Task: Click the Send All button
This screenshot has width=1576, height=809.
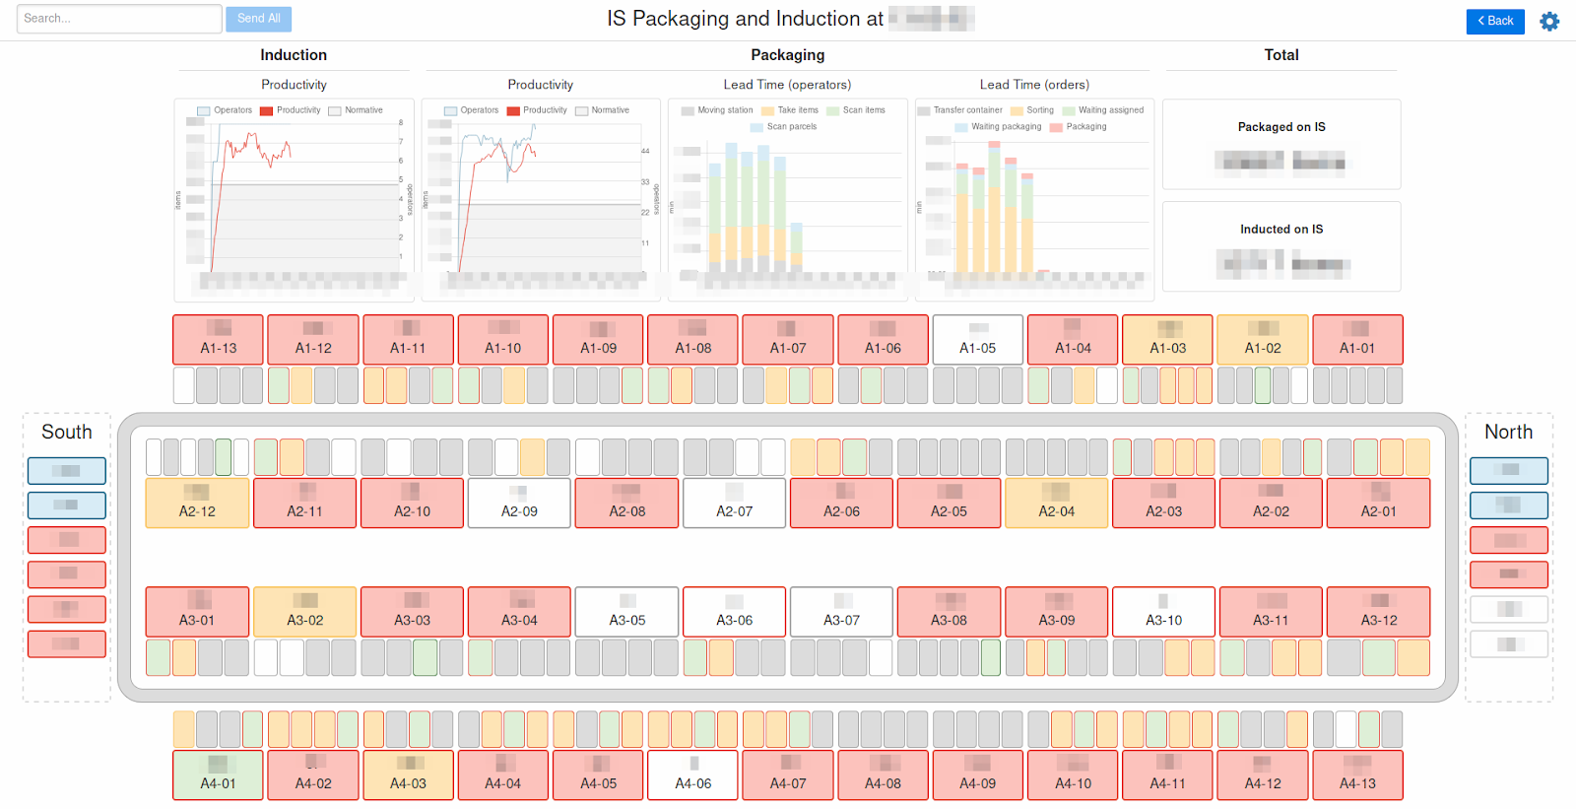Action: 258,19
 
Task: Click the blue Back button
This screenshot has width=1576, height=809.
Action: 1494,21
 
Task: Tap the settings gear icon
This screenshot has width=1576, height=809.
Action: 1549,21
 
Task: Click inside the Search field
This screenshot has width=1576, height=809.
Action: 118,19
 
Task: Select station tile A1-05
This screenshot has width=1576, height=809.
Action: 977,339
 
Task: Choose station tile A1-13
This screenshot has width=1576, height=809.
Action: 218,339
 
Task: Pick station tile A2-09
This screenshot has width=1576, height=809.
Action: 519,503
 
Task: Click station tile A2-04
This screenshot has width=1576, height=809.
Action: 1056,503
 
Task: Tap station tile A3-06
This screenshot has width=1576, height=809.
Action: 734,612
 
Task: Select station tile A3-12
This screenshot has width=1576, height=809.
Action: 1378,612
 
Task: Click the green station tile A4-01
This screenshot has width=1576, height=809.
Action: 218,775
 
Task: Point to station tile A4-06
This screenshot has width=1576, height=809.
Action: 692,775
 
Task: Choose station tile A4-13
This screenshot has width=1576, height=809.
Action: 1357,775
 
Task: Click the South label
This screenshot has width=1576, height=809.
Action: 67,432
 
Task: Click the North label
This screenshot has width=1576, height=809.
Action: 1508,432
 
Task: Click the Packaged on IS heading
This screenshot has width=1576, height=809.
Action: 1281,127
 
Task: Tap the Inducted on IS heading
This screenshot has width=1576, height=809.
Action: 1281,230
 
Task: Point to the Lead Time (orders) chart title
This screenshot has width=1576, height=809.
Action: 1033,85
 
